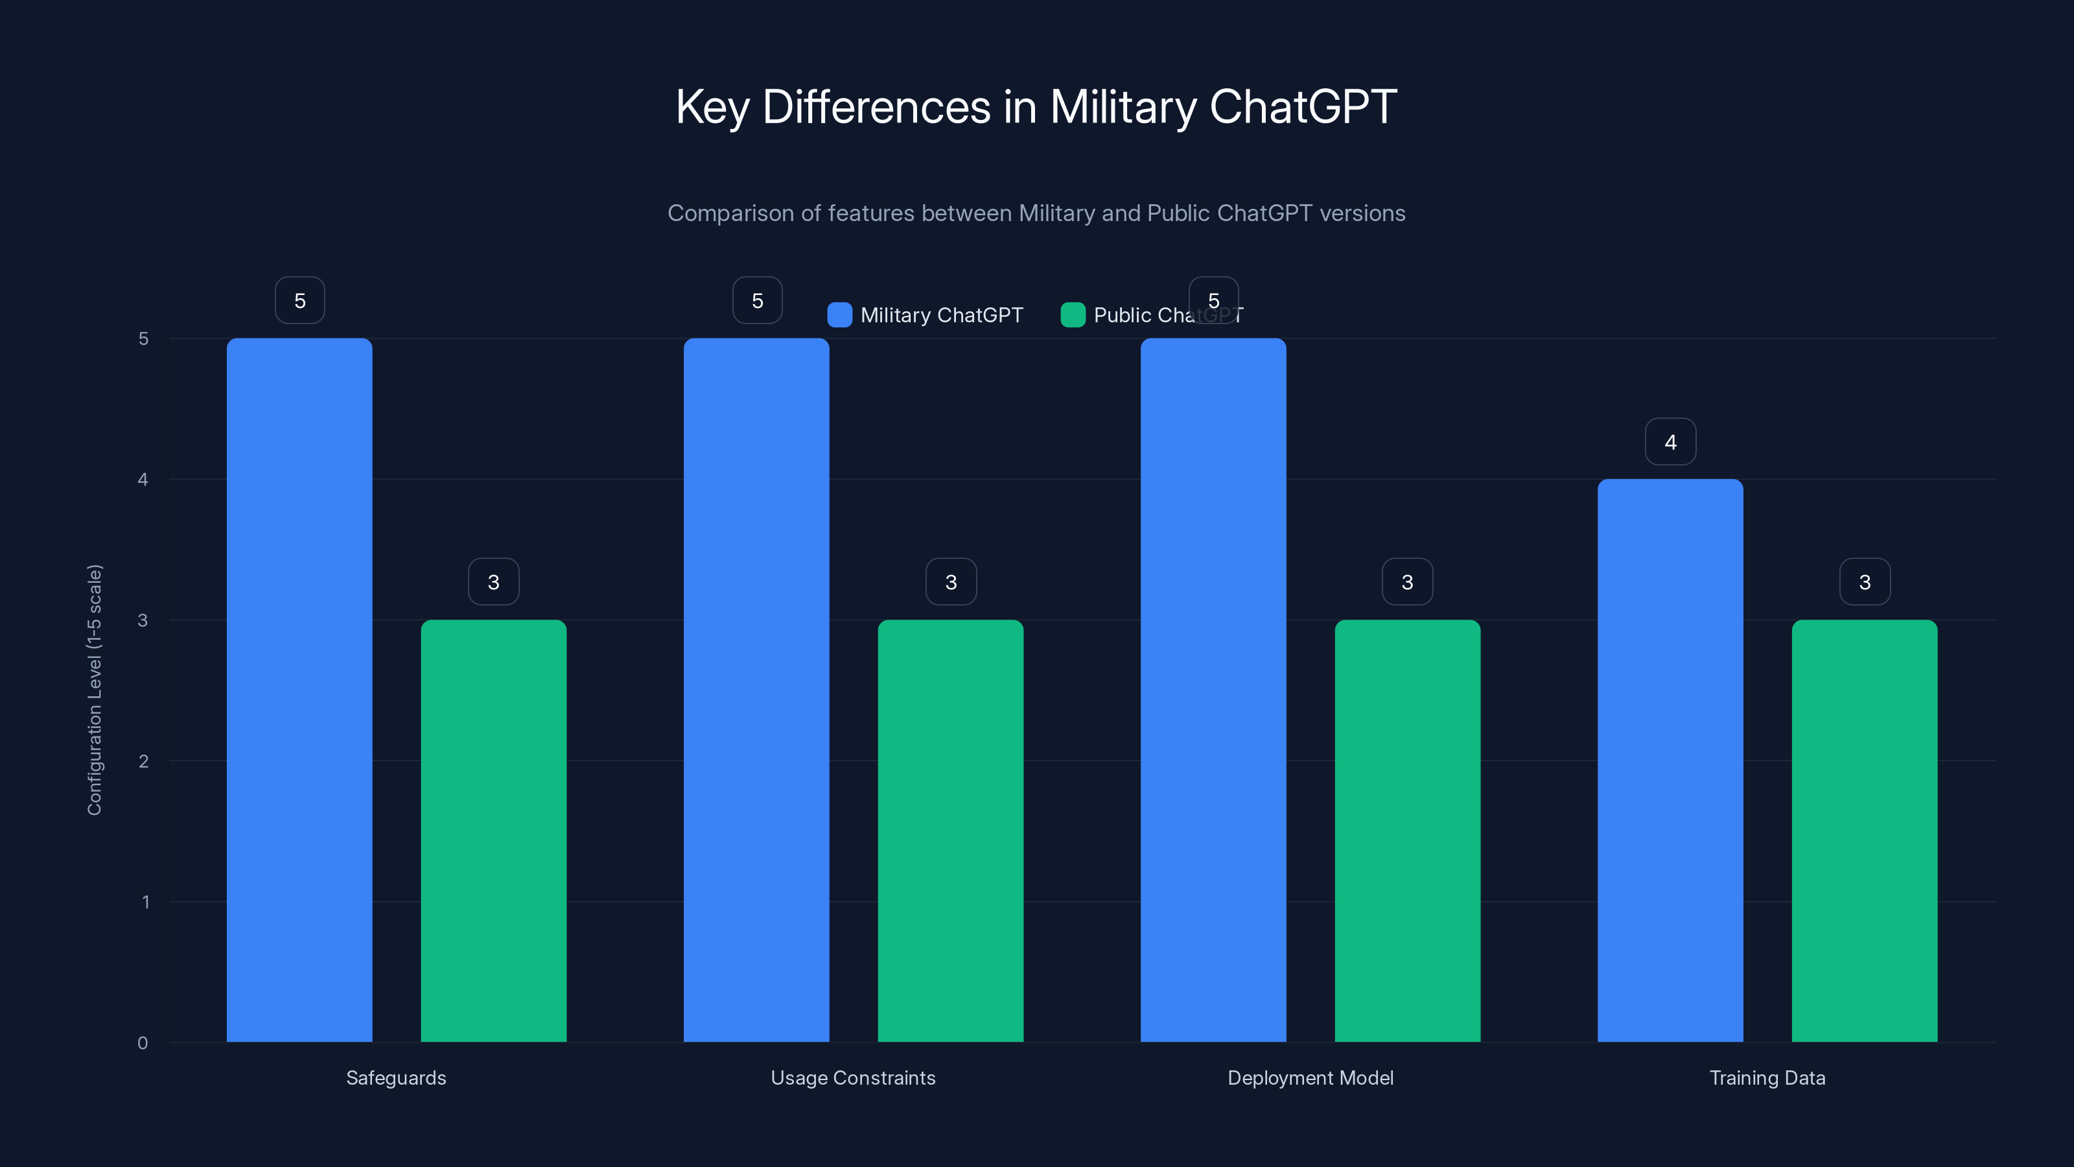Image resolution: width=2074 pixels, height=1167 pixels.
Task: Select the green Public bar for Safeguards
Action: (493, 831)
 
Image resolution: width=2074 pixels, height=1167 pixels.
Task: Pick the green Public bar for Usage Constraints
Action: (950, 831)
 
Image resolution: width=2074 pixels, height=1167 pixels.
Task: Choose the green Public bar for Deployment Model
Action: (1407, 831)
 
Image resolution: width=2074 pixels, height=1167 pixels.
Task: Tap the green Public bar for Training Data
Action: (1865, 831)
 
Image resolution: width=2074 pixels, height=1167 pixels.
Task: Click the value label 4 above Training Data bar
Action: (1671, 442)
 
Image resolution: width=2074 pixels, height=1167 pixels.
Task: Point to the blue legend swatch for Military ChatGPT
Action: (840, 315)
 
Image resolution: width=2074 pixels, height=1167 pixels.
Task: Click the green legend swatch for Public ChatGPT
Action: (1073, 315)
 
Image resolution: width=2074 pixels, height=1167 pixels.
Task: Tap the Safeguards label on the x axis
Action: (396, 1078)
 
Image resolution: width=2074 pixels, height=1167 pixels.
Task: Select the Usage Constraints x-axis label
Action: (854, 1078)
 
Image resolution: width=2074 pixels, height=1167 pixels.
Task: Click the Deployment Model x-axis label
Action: (1310, 1078)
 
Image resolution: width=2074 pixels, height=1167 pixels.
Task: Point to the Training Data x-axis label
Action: (1767, 1078)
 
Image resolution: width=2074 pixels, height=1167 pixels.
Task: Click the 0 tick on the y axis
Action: (143, 1043)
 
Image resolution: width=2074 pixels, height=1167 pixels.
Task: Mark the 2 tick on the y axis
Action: (143, 761)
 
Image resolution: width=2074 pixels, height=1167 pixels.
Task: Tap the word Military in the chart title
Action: (1123, 107)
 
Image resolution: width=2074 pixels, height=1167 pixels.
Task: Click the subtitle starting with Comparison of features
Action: (1036, 213)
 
